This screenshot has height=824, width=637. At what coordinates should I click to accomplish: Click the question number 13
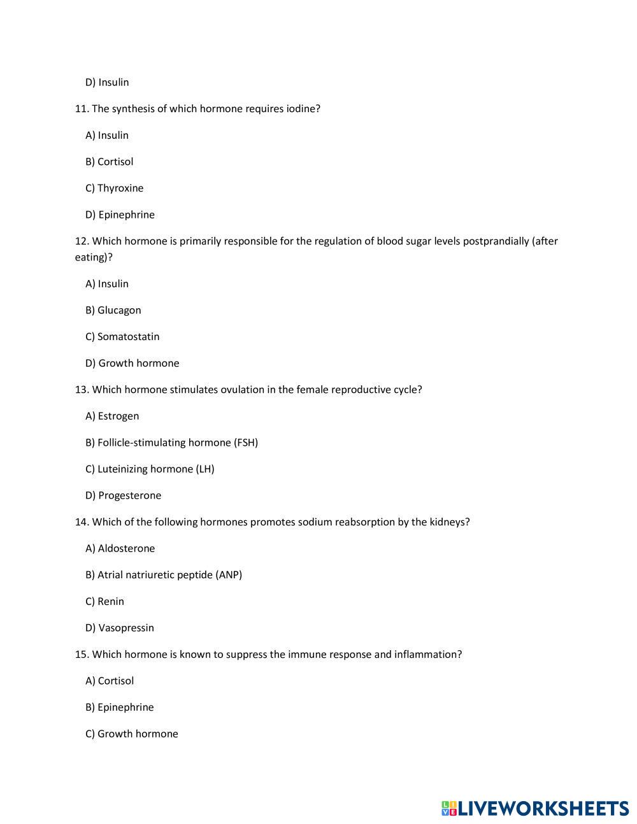click(x=82, y=390)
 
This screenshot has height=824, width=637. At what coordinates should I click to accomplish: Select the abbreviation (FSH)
click(x=246, y=443)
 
